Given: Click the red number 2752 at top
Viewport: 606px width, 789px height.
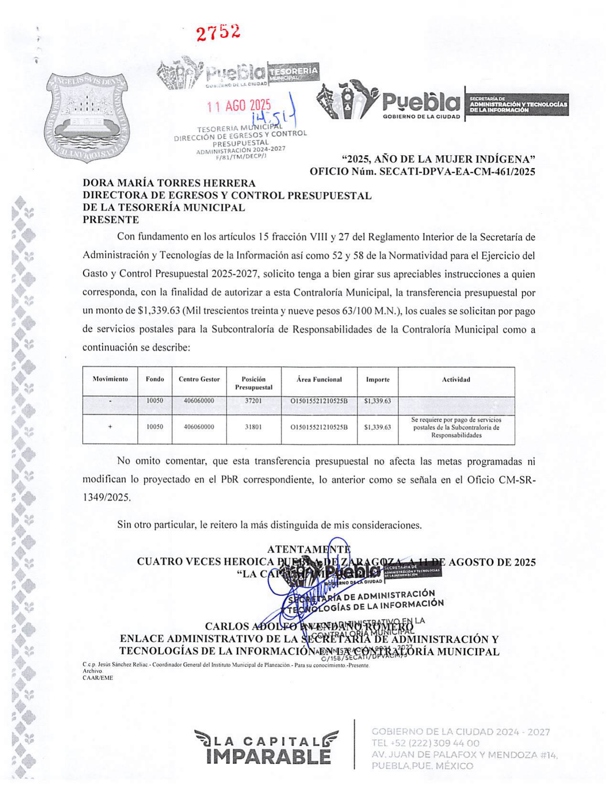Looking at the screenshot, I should coord(218,32).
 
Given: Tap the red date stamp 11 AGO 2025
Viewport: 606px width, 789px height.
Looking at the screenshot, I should coord(238,106).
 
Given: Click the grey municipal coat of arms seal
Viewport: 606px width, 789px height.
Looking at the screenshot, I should coord(87,117).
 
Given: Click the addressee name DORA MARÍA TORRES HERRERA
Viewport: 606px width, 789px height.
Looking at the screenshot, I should coord(169,183).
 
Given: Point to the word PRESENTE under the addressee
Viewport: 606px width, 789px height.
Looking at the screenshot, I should coord(111,220).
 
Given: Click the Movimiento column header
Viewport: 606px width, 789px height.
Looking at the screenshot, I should coord(110,379).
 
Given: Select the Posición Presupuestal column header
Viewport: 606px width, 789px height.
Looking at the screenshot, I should coord(253,383).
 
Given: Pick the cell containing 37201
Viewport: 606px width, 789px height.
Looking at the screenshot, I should coord(253,401).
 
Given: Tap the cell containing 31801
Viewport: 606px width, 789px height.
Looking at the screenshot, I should coord(253,427).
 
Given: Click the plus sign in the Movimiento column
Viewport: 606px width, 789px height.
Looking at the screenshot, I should coord(110,427).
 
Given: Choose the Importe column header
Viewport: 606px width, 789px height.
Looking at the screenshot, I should coord(377,380).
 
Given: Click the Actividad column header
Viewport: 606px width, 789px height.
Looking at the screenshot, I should coord(456,380).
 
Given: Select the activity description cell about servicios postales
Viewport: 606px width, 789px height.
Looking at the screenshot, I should coord(456,428).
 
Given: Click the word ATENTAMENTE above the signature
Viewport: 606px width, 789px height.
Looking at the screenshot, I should coord(309,549).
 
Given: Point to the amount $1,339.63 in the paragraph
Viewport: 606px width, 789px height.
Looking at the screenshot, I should coord(158,311).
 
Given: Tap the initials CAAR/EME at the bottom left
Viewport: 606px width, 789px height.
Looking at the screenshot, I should coord(98,678).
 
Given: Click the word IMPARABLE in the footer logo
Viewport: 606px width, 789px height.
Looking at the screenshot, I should coord(269,757).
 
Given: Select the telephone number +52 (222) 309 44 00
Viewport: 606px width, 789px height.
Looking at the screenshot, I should coord(425,743).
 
